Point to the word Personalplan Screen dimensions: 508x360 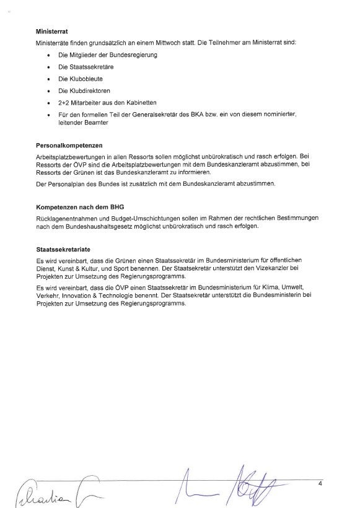coord(64,185)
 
